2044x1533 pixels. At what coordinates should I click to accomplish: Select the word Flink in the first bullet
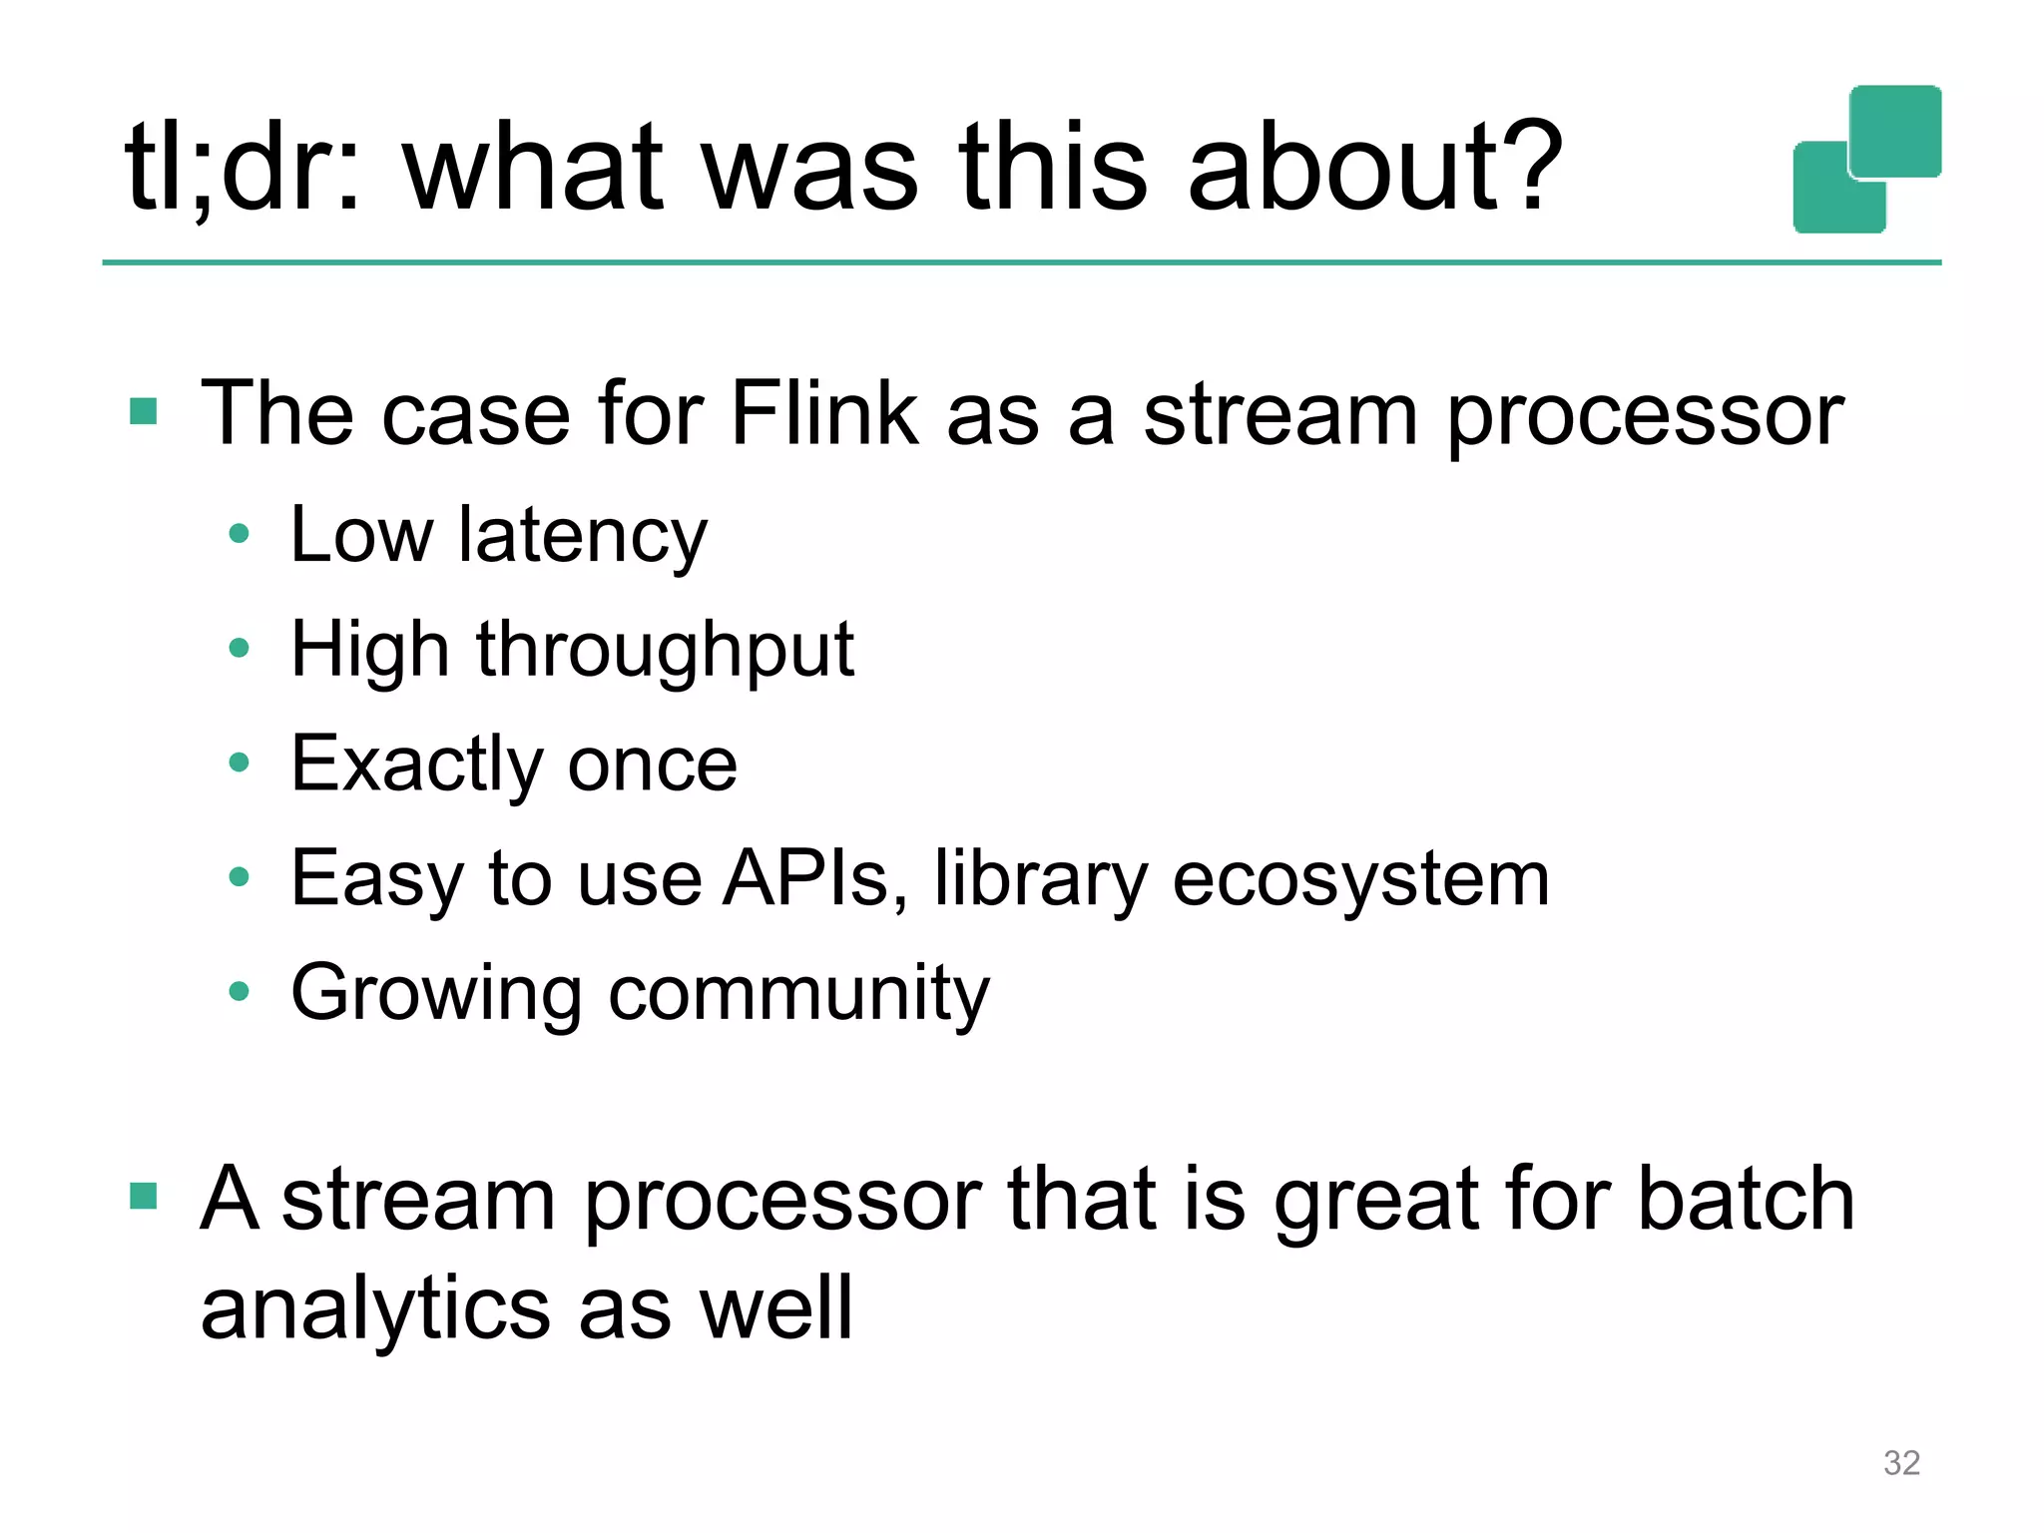(824, 413)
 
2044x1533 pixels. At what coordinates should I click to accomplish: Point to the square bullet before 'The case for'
(144, 411)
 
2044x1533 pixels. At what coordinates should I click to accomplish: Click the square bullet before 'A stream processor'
(144, 1196)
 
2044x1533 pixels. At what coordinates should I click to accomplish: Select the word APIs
(814, 878)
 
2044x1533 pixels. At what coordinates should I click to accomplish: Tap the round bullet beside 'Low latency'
(239, 534)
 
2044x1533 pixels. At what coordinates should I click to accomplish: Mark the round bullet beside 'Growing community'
(239, 991)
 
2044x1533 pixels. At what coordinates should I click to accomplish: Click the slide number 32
(1901, 1462)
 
